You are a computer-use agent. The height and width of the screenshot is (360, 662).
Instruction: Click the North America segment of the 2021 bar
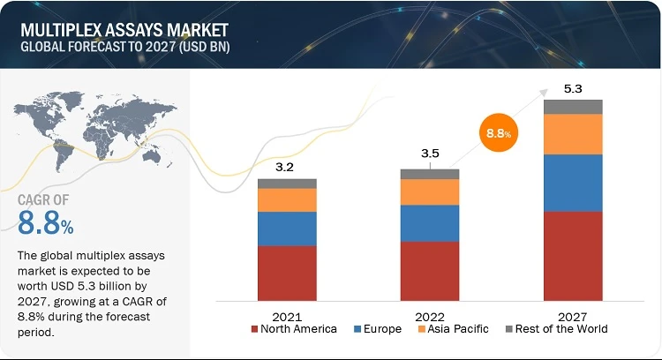[x=287, y=273]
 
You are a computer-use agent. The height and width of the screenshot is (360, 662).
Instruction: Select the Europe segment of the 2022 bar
[x=430, y=223]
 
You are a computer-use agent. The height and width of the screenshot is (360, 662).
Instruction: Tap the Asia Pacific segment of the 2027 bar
[x=573, y=134]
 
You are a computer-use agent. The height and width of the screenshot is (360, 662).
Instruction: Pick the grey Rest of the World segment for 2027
[x=573, y=107]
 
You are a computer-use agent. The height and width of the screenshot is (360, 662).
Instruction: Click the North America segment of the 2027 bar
[x=573, y=256]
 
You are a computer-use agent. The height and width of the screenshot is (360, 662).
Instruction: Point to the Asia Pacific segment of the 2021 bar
[x=287, y=200]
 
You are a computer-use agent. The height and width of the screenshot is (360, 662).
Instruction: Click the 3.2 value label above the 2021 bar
[x=287, y=164]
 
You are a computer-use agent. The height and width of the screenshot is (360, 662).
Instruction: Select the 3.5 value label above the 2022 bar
[x=430, y=154]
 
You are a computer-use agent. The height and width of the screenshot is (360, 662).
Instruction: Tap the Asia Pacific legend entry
[x=455, y=329]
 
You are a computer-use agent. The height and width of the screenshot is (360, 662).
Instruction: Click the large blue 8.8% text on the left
[x=45, y=224]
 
